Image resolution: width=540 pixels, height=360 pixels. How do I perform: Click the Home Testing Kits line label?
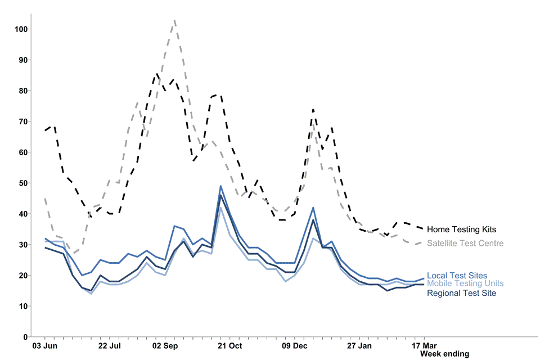tap(461, 229)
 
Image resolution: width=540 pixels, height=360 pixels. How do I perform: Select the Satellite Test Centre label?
tap(465, 244)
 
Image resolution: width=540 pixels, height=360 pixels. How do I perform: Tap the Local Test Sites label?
tap(457, 276)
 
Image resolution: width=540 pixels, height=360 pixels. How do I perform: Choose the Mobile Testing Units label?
tap(465, 283)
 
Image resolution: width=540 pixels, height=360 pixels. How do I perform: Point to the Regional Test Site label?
tap(461, 293)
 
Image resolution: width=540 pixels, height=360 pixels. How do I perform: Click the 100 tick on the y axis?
tap(19, 29)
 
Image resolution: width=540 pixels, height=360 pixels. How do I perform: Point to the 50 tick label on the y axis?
tap(21, 183)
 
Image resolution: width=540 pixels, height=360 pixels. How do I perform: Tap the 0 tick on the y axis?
tap(24, 337)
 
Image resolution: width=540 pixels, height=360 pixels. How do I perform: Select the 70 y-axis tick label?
tap(21, 121)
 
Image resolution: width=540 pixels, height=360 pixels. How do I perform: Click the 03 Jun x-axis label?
tap(43, 345)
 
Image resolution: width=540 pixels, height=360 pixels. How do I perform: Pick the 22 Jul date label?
tap(109, 345)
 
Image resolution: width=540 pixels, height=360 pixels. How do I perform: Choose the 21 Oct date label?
tap(230, 345)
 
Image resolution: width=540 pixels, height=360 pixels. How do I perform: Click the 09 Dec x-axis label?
tap(294, 345)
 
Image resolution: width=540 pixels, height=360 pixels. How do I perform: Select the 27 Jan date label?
tap(359, 345)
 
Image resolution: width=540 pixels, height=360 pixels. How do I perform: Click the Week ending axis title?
tap(444, 354)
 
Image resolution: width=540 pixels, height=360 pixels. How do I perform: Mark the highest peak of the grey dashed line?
tap(175, 20)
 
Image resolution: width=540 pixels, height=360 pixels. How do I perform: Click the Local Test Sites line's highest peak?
tap(220, 186)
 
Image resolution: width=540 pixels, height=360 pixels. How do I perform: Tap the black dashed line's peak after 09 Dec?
tap(313, 110)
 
